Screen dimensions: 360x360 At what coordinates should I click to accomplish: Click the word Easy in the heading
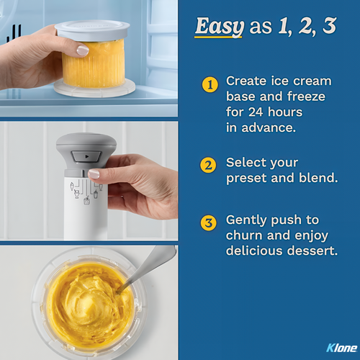tap(220, 27)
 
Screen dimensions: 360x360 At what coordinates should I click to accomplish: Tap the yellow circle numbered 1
tap(210, 84)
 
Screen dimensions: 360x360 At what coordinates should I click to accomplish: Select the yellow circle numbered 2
tap(208, 165)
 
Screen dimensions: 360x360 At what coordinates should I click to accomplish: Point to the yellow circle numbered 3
tap(208, 222)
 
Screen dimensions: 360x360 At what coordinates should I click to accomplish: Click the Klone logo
tap(342, 348)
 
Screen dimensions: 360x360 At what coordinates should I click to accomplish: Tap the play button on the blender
tap(86, 157)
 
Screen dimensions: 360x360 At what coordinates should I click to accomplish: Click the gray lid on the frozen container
tap(92, 30)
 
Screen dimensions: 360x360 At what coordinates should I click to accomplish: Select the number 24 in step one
tap(256, 112)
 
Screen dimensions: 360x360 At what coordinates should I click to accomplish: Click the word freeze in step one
tap(306, 96)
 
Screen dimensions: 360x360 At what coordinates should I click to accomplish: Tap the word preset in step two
tap(246, 179)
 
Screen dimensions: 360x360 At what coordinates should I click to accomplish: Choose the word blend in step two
tap(318, 178)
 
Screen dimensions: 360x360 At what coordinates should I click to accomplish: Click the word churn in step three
tap(244, 235)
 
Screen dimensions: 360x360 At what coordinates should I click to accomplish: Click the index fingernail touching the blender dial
tap(94, 174)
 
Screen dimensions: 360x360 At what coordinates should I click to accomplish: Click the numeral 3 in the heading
tap(329, 25)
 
